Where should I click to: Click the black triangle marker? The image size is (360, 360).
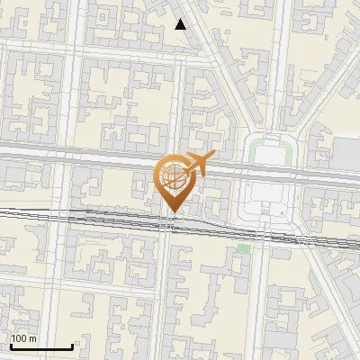point(181,24)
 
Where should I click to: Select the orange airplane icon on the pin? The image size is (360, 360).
point(197,164)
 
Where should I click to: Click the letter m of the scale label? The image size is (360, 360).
point(33,338)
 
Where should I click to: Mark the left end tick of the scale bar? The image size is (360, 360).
point(10,346)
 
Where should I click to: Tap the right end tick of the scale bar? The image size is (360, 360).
point(72,346)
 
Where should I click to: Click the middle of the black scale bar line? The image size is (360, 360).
point(40,347)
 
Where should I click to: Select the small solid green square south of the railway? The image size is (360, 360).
point(243,248)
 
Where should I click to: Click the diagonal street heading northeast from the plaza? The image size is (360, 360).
point(315,90)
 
